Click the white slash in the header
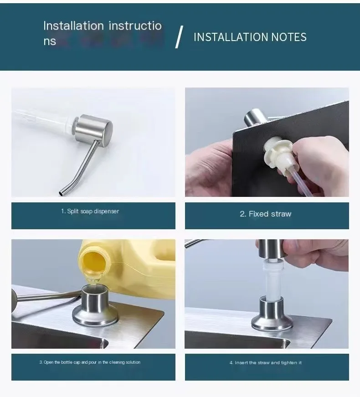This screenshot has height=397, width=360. (x=179, y=37)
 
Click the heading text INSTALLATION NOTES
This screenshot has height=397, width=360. (x=250, y=37)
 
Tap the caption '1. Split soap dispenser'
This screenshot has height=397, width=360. (x=90, y=211)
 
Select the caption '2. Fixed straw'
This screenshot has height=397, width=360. (x=266, y=214)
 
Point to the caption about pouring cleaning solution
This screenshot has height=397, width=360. (x=90, y=362)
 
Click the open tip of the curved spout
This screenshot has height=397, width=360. (x=61, y=194)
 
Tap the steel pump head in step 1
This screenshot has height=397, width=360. (x=94, y=130)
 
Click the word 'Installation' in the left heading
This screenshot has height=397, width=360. (x=73, y=26)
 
